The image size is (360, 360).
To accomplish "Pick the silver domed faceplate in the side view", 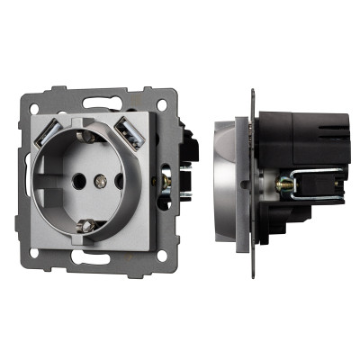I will click(225, 184).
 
